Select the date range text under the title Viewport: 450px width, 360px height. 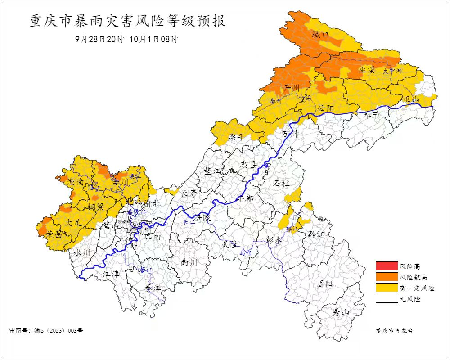(x=127, y=39)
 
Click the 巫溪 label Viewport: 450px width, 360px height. (x=367, y=70)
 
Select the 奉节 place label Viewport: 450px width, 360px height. (x=372, y=115)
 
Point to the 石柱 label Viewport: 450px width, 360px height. (x=282, y=183)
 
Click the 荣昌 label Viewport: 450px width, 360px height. (x=54, y=234)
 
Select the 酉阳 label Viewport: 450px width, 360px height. (x=324, y=284)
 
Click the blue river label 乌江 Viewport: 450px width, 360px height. (x=245, y=253)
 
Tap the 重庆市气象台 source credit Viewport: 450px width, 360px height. (x=394, y=331)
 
